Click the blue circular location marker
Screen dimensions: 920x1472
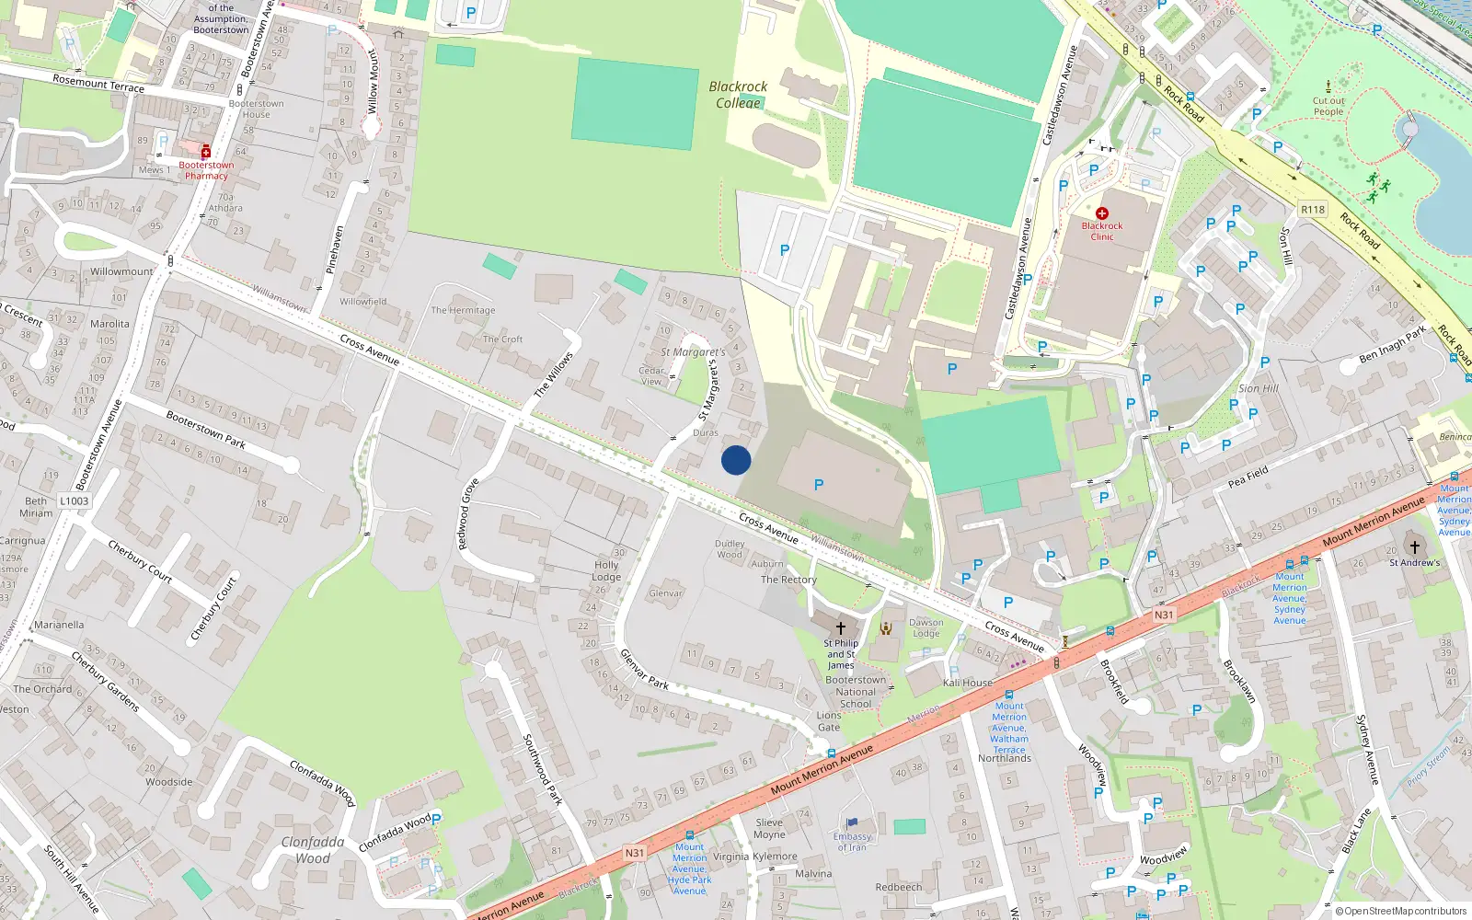pyautogui.click(x=736, y=460)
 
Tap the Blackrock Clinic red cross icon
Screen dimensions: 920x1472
pyautogui.click(x=1101, y=213)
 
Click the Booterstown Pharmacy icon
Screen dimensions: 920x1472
pyautogui.click(x=205, y=152)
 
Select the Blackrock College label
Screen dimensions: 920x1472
pyautogui.click(x=738, y=94)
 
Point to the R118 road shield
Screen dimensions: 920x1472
pyautogui.click(x=1313, y=210)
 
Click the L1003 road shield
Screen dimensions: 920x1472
pyautogui.click(x=75, y=501)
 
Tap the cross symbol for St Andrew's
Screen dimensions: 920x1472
pyautogui.click(x=1415, y=546)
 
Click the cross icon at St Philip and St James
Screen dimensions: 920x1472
pyautogui.click(x=840, y=628)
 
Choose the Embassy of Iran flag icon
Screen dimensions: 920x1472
pyautogui.click(x=852, y=823)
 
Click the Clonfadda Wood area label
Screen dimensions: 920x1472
pyautogui.click(x=313, y=849)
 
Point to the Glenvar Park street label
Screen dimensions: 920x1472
pyautogui.click(x=644, y=669)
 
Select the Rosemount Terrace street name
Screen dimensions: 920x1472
pyautogui.click(x=98, y=84)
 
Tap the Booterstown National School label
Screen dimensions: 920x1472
pyautogui.click(x=856, y=692)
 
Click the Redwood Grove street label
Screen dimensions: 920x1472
pyautogui.click(x=469, y=513)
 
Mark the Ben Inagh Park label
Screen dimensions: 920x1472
pyautogui.click(x=1392, y=344)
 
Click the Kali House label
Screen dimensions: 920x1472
pyautogui.click(x=967, y=683)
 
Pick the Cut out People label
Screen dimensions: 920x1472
pyautogui.click(x=1328, y=107)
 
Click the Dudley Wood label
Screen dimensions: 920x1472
pyautogui.click(x=730, y=549)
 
